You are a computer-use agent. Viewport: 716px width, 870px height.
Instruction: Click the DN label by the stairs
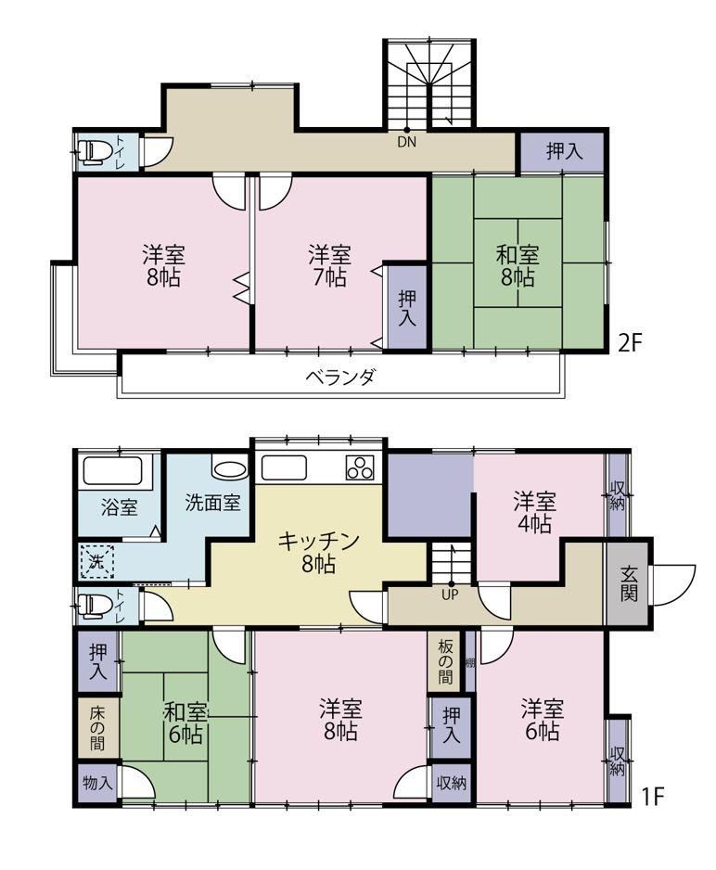click(x=406, y=142)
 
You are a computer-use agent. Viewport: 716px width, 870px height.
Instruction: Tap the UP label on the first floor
click(x=452, y=595)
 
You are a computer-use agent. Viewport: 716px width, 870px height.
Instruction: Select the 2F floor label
click(x=630, y=344)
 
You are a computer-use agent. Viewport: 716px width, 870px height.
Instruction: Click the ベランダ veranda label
click(x=340, y=377)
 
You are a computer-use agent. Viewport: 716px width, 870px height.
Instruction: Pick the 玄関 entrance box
click(x=629, y=584)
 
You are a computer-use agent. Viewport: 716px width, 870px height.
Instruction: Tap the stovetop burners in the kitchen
click(x=360, y=467)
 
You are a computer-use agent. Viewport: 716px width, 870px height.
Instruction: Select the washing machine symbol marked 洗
click(x=97, y=562)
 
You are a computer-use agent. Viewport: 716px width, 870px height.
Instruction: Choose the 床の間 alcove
click(x=97, y=727)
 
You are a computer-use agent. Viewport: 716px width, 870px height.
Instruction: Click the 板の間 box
click(x=445, y=660)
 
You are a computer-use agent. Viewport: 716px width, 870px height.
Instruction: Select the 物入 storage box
click(x=97, y=784)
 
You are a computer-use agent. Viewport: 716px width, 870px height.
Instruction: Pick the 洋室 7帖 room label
click(x=329, y=266)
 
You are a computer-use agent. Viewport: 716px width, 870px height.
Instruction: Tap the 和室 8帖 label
click(x=518, y=266)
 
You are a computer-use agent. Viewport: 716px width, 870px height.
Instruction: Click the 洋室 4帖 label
click(x=534, y=512)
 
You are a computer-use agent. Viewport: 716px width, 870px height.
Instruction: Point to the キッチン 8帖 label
click(x=318, y=552)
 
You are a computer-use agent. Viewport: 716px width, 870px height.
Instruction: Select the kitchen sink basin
click(x=284, y=467)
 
